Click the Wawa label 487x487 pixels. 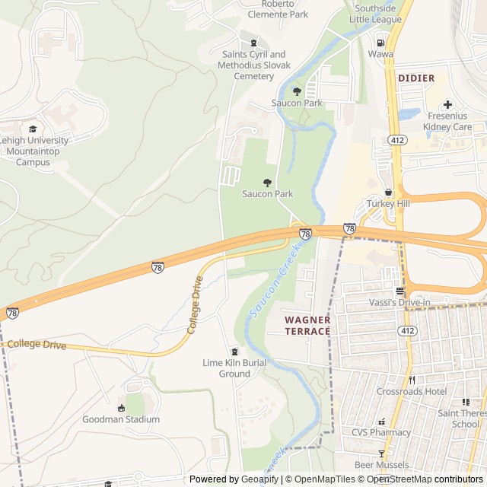tap(380, 54)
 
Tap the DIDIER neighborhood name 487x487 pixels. tap(416, 78)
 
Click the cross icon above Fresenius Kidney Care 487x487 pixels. tap(447, 104)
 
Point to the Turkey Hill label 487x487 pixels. tap(388, 204)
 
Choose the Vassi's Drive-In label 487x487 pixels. tap(399, 303)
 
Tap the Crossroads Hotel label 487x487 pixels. tap(412, 391)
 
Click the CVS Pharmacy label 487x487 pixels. tap(380, 432)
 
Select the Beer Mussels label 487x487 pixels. tap(381, 464)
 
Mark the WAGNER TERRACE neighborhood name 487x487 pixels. tap(307, 326)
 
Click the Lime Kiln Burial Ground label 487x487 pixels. tap(234, 368)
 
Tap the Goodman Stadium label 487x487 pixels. tap(121, 419)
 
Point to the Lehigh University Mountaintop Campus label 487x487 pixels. tap(33, 151)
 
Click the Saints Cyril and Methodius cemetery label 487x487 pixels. tap(253, 65)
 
